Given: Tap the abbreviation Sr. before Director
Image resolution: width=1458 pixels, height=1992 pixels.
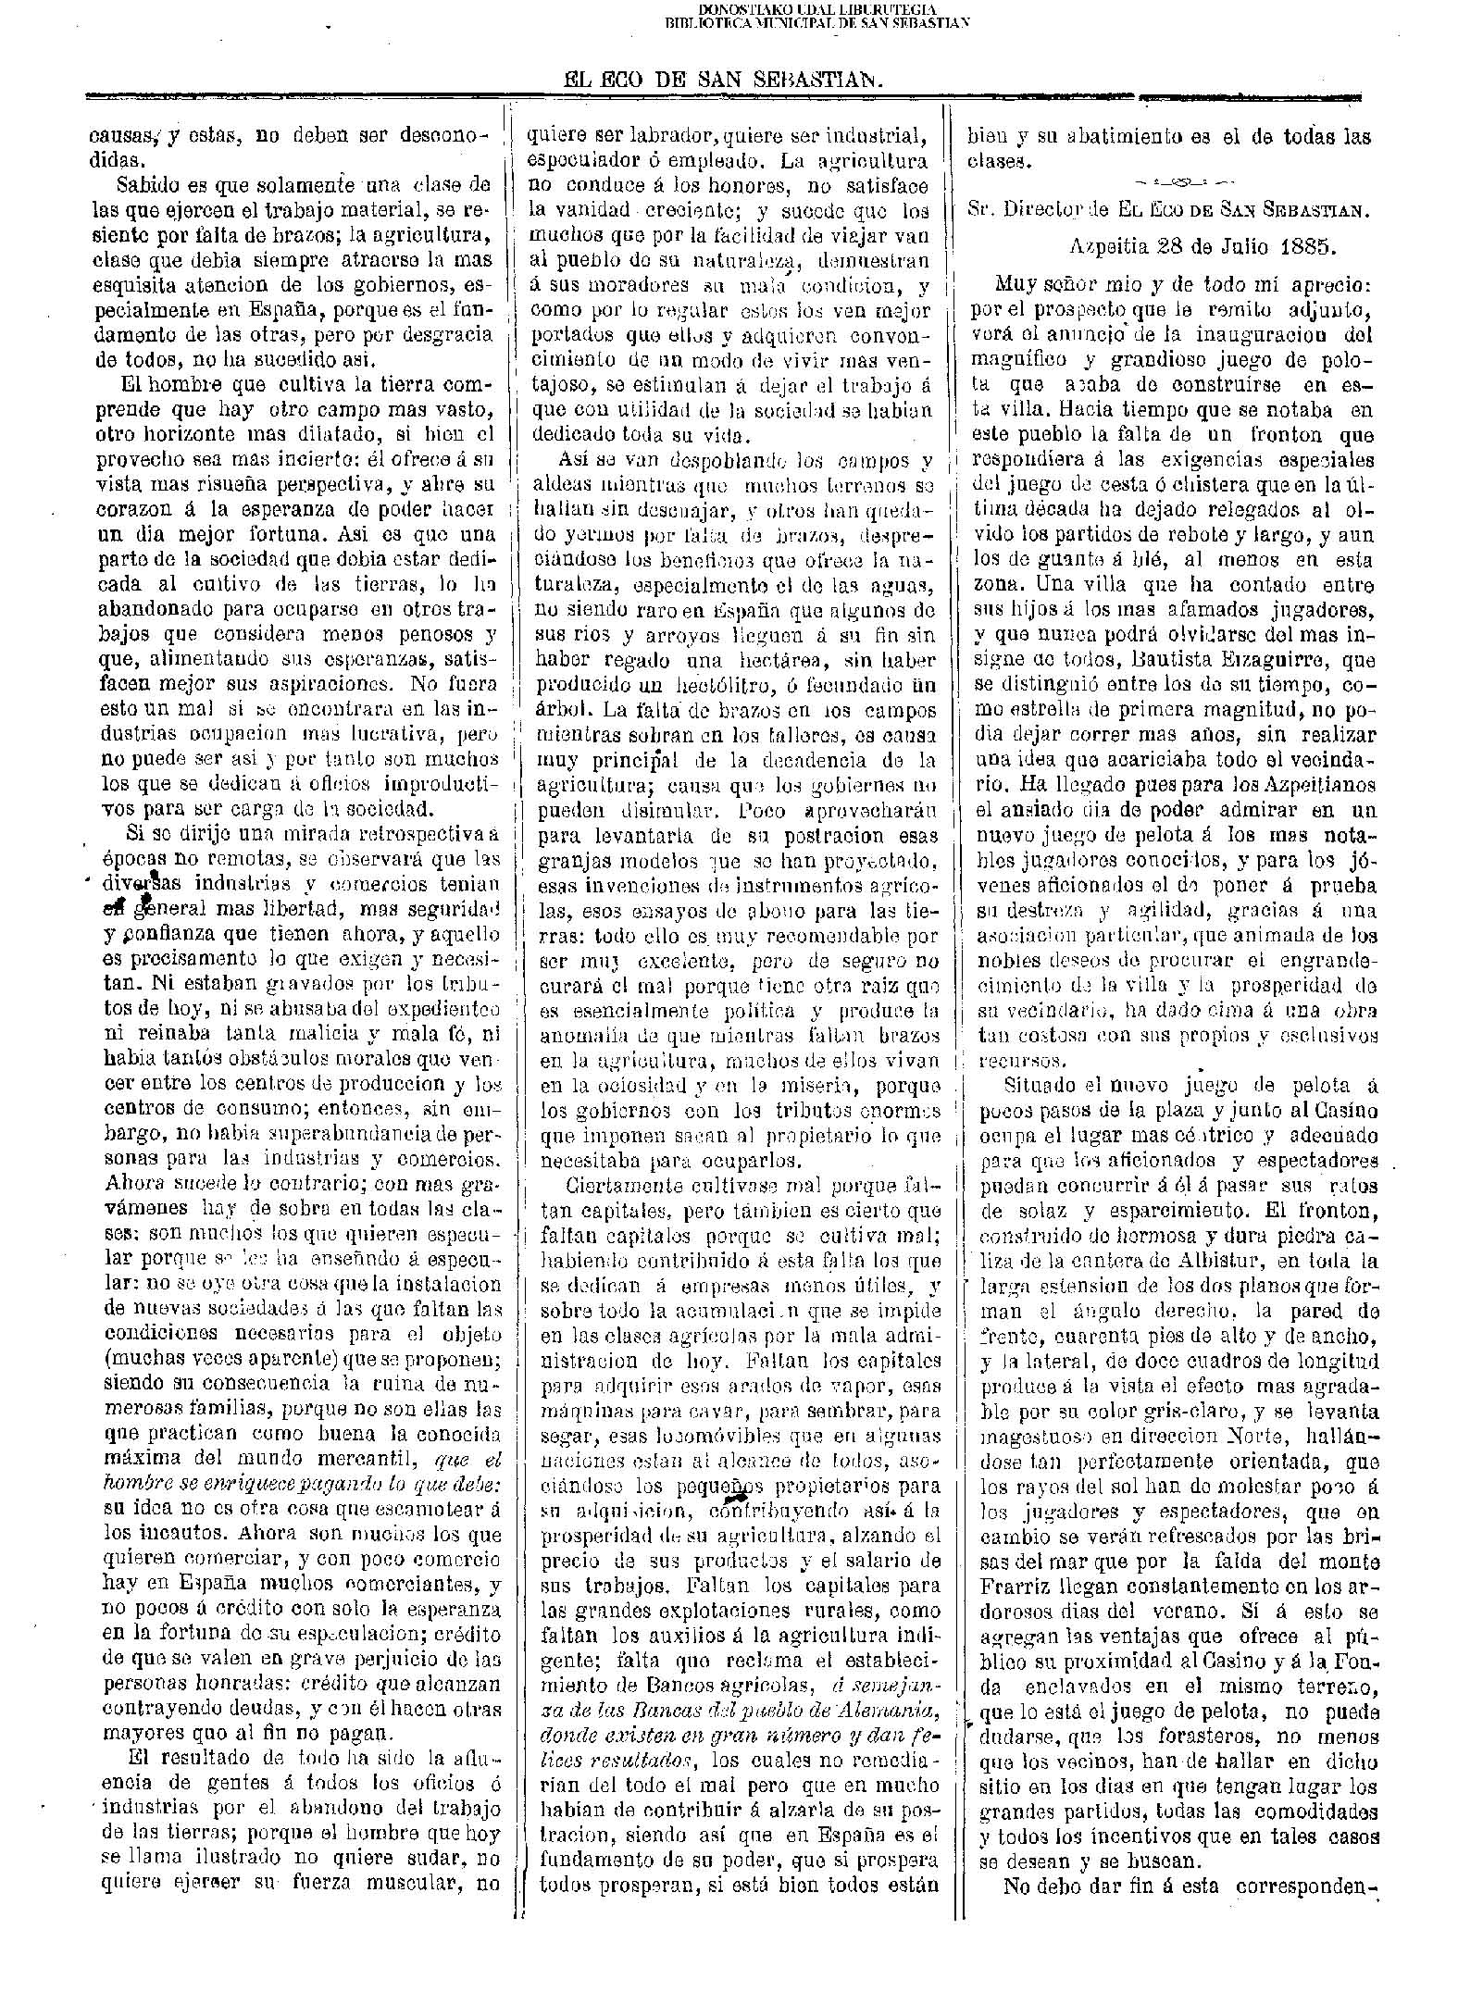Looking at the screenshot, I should [x=979, y=209].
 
